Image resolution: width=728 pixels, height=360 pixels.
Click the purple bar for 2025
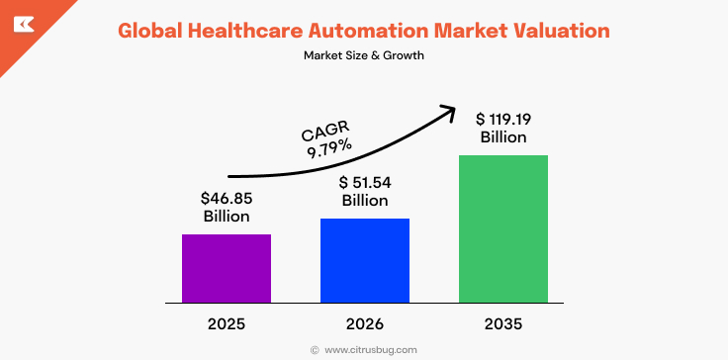tap(226, 268)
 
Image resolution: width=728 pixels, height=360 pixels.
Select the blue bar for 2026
tap(364, 260)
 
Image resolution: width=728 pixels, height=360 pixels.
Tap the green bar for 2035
tap(502, 228)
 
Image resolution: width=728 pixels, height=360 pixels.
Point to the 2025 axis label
tap(226, 323)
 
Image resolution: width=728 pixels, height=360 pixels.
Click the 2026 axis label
tap(364, 323)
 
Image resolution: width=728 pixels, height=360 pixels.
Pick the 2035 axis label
tap(502, 323)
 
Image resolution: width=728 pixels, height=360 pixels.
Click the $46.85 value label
tap(226, 198)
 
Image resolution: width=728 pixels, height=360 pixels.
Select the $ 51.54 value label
tap(365, 182)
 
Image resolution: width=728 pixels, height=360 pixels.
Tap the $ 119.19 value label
tap(503, 119)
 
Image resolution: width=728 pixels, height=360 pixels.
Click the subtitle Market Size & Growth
tap(364, 55)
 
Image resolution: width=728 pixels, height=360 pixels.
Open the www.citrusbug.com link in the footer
tap(371, 349)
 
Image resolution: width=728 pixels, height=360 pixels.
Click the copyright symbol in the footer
tap(315, 349)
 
